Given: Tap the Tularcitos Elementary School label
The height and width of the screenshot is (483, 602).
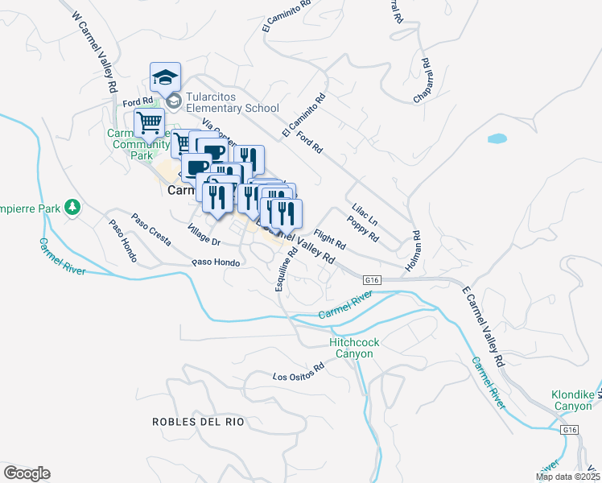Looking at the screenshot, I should (x=232, y=102).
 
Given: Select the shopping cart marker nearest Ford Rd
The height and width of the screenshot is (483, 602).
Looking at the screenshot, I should (x=148, y=123).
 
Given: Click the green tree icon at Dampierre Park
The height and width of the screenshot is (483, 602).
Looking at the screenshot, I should (x=72, y=208).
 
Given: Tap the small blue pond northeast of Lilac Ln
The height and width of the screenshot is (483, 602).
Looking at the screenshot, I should (x=497, y=138).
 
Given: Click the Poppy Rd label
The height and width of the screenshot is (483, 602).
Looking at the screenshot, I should (x=363, y=229).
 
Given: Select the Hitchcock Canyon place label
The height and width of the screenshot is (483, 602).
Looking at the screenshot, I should (x=354, y=348).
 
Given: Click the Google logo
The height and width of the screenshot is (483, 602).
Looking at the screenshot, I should (x=27, y=473).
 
